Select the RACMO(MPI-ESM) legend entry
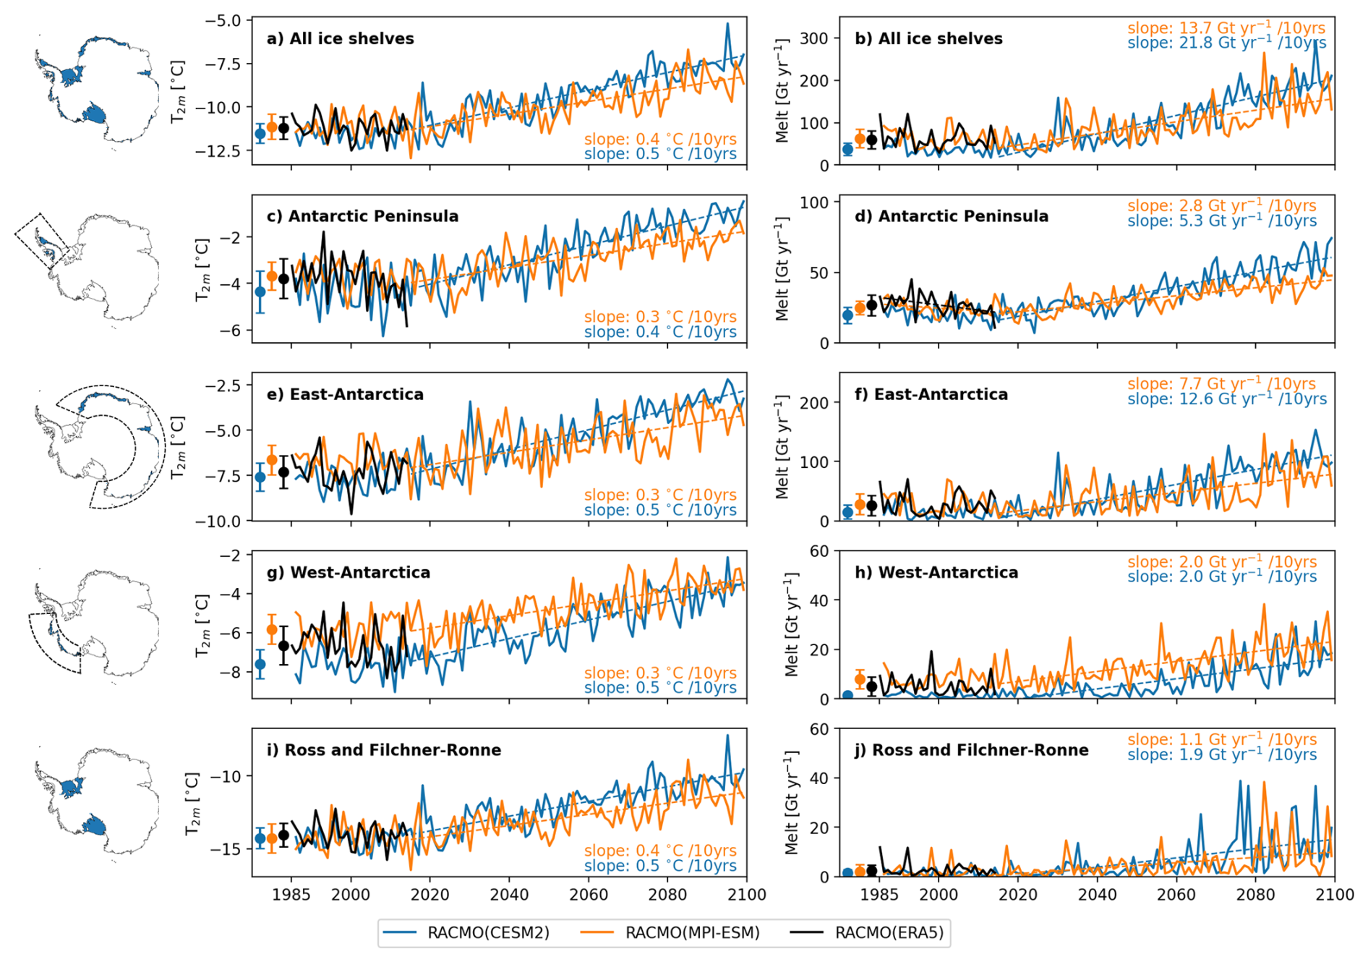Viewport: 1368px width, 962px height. [x=670, y=932]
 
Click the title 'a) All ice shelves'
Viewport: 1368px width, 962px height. [x=340, y=38]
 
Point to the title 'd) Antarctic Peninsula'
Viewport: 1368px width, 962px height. [x=952, y=216]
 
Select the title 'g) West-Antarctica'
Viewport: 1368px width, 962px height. [x=349, y=572]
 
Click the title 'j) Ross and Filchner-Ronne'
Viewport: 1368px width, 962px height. [x=972, y=750]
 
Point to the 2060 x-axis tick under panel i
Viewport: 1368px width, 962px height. [x=589, y=895]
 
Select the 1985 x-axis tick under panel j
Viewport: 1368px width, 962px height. [x=879, y=895]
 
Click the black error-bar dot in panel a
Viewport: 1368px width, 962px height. [x=283, y=128]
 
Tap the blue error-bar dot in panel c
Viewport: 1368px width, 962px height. [x=260, y=292]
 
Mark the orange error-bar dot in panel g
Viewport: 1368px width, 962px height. [x=272, y=630]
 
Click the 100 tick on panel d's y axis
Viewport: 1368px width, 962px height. [x=813, y=203]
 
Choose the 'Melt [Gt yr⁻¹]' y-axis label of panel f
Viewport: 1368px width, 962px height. [x=782, y=446]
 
